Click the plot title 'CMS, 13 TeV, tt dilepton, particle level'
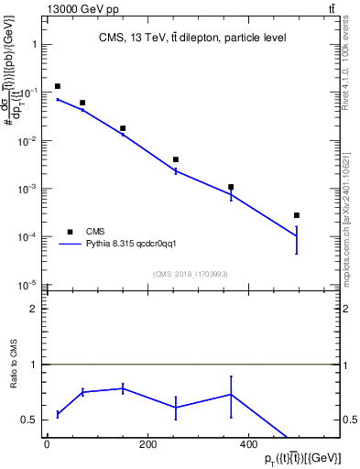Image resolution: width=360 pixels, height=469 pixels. coord(192,38)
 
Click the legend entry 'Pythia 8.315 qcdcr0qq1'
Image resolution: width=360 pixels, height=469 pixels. coord(137,245)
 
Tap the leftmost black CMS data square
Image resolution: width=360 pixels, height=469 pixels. coord(58,86)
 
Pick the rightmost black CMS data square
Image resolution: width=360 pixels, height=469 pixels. coord(297,215)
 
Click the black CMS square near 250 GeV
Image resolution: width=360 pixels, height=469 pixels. coord(175,159)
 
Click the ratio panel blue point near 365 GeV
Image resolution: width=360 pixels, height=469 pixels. coord(231,395)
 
